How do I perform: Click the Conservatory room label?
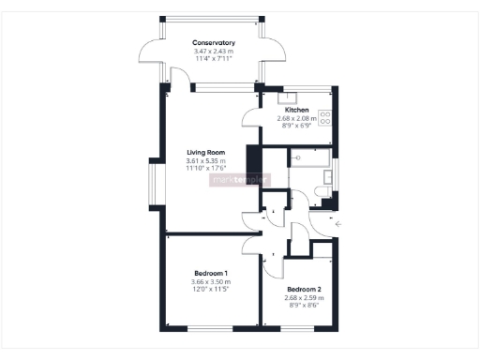(213, 43)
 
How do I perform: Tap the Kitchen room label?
(297, 110)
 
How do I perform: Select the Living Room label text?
(205, 152)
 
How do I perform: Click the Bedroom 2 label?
(305, 289)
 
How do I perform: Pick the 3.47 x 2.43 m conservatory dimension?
(213, 51)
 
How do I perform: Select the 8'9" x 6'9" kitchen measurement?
(297, 126)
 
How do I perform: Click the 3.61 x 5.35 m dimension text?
(205, 160)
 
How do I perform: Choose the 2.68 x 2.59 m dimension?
(305, 297)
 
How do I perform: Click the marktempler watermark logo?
(240, 179)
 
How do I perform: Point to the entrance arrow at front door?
(338, 224)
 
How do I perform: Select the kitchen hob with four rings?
(325, 118)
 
